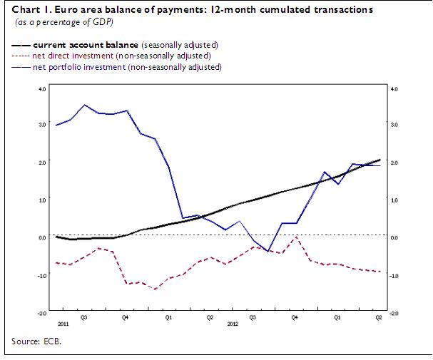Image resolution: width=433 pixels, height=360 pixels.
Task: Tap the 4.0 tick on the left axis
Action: pyautogui.click(x=42, y=88)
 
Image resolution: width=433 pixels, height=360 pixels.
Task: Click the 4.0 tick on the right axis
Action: pyautogui.click(x=394, y=88)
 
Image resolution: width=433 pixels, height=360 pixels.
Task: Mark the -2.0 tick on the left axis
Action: pyautogui.click(x=41, y=312)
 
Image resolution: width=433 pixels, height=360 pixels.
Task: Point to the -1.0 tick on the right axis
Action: pyautogui.click(x=394, y=275)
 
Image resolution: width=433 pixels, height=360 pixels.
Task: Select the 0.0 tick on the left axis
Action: pyautogui.click(x=42, y=237)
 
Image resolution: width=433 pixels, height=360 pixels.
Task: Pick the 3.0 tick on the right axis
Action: pyautogui.click(x=394, y=125)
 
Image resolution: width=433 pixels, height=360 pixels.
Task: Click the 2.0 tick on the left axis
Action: pyautogui.click(x=42, y=163)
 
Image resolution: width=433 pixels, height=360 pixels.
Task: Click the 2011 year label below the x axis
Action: pyautogui.click(x=63, y=322)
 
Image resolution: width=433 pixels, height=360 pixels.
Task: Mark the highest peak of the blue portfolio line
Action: pyautogui.click(x=84, y=105)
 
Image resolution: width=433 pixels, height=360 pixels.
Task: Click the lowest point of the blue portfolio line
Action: pyautogui.click(x=268, y=251)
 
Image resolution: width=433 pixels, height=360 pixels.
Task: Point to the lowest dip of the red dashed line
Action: pyautogui.click(x=155, y=289)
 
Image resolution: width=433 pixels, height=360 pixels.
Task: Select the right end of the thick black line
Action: pyautogui.click(x=380, y=160)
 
